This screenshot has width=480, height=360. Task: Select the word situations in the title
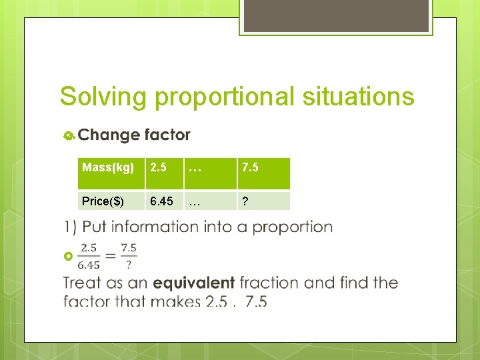pyautogui.click(x=358, y=97)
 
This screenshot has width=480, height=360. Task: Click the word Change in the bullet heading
pyautogui.click(x=107, y=135)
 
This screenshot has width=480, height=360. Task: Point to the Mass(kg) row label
pyautogui.click(x=108, y=167)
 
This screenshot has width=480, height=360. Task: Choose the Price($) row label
pyautogui.click(x=103, y=201)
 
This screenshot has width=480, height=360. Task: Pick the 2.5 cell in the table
pyautogui.click(x=158, y=167)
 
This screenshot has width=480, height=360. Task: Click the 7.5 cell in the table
pyautogui.click(x=250, y=167)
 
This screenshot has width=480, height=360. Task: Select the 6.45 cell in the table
pyautogui.click(x=161, y=201)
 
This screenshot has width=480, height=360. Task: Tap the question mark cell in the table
pyautogui.click(x=246, y=201)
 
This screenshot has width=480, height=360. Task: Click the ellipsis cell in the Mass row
pyautogui.click(x=195, y=168)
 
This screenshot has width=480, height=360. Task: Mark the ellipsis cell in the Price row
pyautogui.click(x=195, y=201)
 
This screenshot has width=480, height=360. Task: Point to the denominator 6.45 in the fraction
pyautogui.click(x=90, y=262)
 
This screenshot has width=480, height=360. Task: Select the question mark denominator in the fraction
pyautogui.click(x=129, y=263)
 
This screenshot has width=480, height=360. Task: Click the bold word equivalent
pyautogui.click(x=193, y=283)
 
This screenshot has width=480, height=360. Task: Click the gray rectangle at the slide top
pyautogui.click(x=335, y=16)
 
